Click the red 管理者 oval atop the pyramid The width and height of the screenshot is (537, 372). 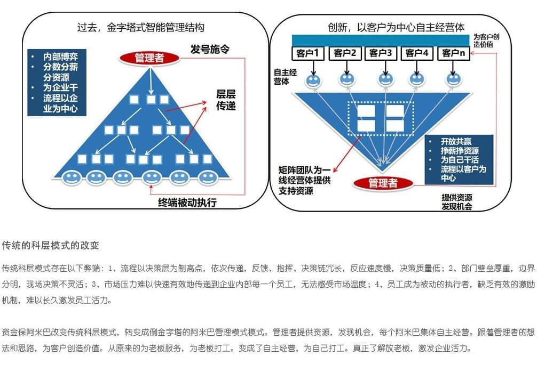tap(149, 58)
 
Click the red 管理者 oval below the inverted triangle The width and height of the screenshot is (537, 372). tap(383, 183)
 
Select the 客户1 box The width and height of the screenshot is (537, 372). tap(308, 53)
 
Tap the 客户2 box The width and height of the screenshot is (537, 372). tap(345, 53)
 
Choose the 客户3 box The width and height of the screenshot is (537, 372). tap(381, 53)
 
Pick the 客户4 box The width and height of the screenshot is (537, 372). tap(417, 53)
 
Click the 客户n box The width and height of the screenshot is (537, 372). tap(453, 53)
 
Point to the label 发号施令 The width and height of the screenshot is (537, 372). tap(210, 49)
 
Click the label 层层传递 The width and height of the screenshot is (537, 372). tap(226, 100)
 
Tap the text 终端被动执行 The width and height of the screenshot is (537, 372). tap(187, 203)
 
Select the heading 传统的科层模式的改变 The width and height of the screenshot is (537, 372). tap(50, 245)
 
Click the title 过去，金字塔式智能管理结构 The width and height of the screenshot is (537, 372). tap(141, 27)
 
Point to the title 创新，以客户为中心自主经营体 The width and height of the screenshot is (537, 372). tap(396, 27)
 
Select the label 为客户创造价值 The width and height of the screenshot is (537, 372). tap(486, 41)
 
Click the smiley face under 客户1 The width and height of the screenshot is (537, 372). tap(313, 80)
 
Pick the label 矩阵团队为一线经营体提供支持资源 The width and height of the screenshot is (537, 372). tap(304, 180)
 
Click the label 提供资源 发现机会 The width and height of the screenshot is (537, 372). tap(457, 202)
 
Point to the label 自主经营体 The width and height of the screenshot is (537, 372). tap(285, 77)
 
